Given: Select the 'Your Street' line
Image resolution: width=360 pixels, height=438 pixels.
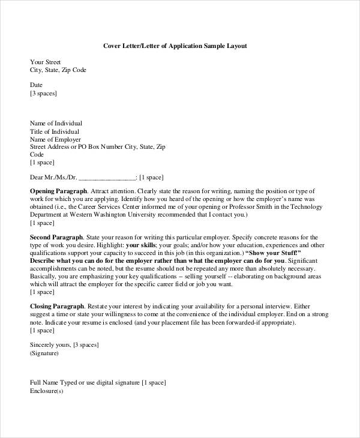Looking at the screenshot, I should (46, 62).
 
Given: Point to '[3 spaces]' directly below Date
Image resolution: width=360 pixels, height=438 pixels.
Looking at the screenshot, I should (44, 94).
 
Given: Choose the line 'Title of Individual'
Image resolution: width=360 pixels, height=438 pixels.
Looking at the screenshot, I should (54, 131).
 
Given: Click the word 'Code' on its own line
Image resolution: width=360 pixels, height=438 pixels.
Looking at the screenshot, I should (37, 154).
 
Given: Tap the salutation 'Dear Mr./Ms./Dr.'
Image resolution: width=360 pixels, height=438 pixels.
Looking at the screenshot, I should (53, 178).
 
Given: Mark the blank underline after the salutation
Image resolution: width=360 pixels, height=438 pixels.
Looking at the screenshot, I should (107, 178).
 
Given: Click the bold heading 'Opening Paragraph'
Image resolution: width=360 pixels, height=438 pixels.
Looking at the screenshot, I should (57, 190).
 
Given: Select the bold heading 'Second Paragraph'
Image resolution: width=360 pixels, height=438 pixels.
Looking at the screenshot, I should (56, 238).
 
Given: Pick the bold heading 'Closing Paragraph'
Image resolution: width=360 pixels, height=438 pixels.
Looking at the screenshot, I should (57, 305).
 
